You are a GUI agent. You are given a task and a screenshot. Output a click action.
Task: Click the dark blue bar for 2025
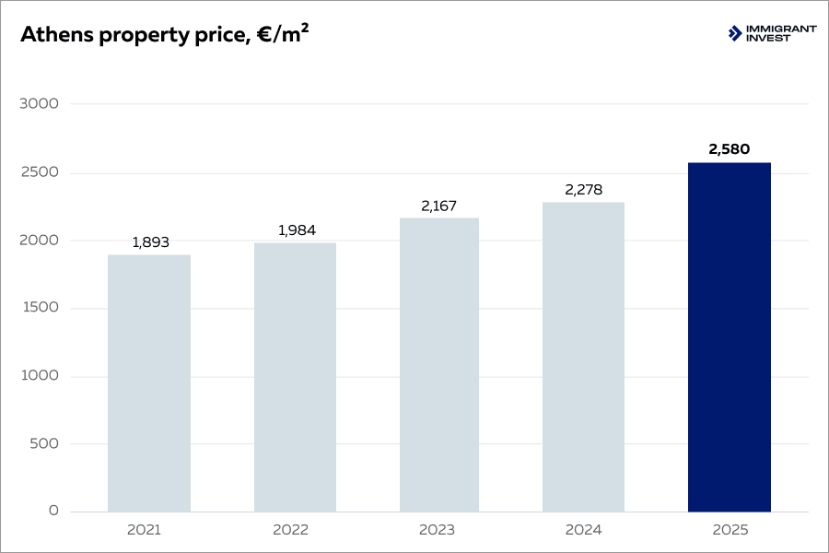[729, 337]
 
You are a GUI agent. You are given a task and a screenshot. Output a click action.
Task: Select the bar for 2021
[149, 383]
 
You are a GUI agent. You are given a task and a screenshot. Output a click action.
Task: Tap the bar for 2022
[295, 378]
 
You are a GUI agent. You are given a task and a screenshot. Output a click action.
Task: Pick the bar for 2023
[439, 365]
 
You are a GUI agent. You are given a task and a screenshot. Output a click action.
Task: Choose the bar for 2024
[583, 358]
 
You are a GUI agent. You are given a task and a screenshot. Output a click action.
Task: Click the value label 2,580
[730, 148]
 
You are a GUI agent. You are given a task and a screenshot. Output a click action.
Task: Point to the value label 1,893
[150, 242]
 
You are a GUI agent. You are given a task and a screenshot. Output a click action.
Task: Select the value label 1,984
[296, 230]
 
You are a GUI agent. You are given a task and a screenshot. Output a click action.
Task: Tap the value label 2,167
[439, 206]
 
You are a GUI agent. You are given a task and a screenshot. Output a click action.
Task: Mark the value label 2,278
[584, 190]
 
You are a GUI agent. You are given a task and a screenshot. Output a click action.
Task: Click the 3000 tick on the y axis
[39, 104]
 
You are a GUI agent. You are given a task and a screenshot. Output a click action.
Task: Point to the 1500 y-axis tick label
[39, 308]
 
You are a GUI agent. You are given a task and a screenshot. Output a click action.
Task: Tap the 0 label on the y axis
[53, 512]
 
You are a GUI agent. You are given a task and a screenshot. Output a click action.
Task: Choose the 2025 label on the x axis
[730, 531]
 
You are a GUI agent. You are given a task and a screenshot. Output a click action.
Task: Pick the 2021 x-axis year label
[145, 531]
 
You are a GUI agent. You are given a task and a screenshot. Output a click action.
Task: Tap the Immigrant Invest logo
[772, 33]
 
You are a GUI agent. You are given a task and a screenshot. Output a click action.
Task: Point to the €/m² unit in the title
[282, 33]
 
